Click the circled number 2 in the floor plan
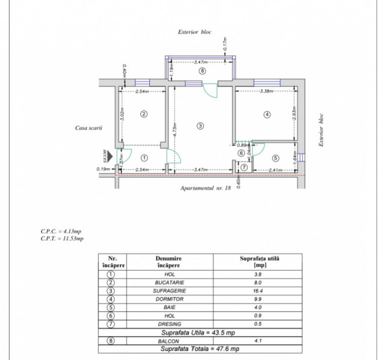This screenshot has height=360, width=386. [144, 113]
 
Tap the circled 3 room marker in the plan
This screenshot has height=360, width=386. [200, 125]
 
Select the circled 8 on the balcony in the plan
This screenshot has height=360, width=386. [201, 71]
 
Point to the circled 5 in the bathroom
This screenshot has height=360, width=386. [276, 158]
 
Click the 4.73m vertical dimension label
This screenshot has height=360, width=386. [174, 127]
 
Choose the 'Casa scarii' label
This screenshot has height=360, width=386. [89, 128]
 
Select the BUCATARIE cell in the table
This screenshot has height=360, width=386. [169, 282]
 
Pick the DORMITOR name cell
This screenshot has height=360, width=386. [169, 299]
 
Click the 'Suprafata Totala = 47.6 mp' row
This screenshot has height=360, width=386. [200, 349]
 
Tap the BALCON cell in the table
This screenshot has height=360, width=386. [169, 340]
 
